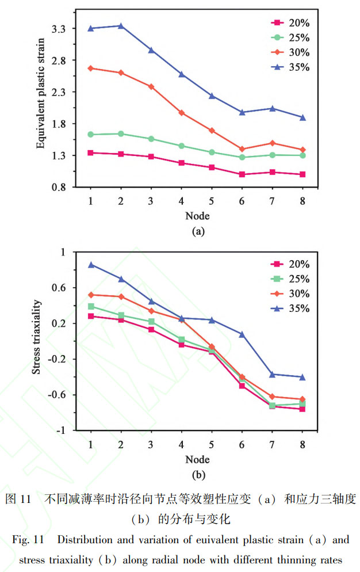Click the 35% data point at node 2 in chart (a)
click(x=121, y=26)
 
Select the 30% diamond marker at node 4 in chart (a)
click(x=182, y=113)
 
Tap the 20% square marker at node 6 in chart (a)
click(x=242, y=174)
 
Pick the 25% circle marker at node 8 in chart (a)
click(x=302, y=155)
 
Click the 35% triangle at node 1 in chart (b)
click(x=91, y=265)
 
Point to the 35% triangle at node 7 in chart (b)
click(x=272, y=375)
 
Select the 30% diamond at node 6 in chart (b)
click(x=242, y=377)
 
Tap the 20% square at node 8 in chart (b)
click(x=302, y=409)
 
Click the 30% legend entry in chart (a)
click(x=290, y=52)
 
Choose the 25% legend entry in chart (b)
click(x=290, y=279)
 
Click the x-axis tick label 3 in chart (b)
click(x=151, y=444)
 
